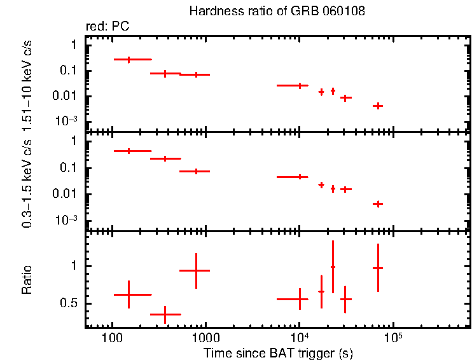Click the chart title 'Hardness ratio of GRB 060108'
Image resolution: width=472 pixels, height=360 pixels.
click(277, 12)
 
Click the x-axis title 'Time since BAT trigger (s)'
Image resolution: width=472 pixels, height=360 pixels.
click(278, 352)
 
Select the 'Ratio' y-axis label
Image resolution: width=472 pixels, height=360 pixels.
click(27, 279)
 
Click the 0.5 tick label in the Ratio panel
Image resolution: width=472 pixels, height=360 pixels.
click(69, 303)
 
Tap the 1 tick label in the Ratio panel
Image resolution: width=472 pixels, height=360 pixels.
click(74, 266)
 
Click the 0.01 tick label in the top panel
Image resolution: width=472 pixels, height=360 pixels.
click(67, 96)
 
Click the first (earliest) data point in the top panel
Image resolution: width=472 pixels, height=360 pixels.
click(129, 59)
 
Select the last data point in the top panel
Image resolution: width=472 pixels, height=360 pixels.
click(377, 106)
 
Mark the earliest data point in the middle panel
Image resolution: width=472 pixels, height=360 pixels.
click(129, 151)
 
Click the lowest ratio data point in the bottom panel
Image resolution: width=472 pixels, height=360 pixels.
click(165, 314)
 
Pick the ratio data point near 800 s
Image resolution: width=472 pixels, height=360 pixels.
click(196, 270)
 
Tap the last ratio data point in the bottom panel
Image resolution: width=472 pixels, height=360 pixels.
click(377, 268)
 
